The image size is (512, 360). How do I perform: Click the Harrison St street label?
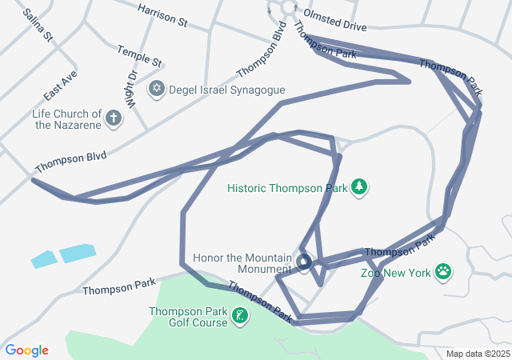[x=162, y=15]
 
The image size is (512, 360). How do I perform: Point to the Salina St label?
[x=38, y=26]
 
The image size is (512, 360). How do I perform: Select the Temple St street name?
[x=139, y=55]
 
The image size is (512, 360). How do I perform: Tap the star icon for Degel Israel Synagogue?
[x=157, y=90]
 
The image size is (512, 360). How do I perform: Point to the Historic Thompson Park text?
[x=286, y=189]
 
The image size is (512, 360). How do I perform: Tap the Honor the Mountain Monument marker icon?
[x=304, y=262]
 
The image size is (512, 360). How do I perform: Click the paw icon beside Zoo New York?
[x=444, y=273]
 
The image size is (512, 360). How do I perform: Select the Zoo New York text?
[x=395, y=273]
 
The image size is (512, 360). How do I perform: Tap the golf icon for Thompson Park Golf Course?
[x=239, y=317]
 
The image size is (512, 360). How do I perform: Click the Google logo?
[x=27, y=350]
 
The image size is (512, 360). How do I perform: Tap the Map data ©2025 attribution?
[x=477, y=354]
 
